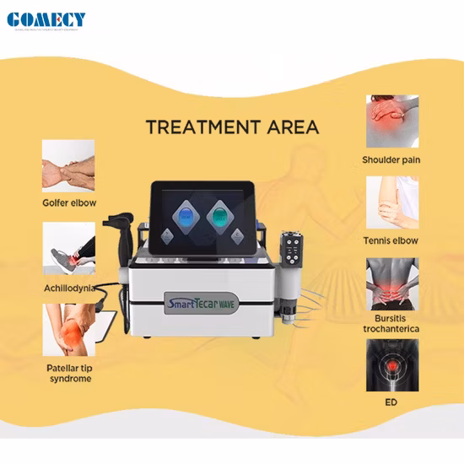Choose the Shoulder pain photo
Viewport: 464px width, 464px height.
[392, 121]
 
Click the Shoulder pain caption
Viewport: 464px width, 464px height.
[391, 159]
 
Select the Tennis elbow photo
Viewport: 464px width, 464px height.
[392, 202]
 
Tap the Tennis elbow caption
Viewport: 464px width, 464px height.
[391, 240]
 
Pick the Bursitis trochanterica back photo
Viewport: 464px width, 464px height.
[392, 283]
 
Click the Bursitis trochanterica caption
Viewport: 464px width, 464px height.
[391, 322]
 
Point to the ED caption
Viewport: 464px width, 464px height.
[391, 402]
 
